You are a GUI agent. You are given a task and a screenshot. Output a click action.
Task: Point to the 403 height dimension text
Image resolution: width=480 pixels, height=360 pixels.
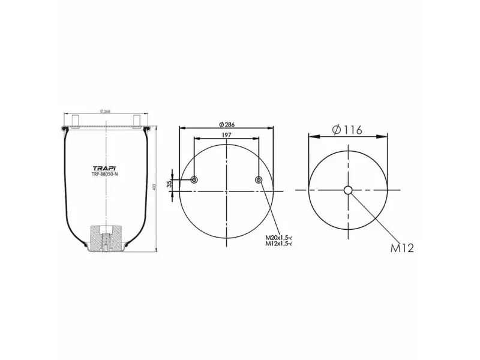pyautogui.click(x=154, y=188)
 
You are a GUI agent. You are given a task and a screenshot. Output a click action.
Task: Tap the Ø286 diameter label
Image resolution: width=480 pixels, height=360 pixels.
pyautogui.click(x=227, y=124)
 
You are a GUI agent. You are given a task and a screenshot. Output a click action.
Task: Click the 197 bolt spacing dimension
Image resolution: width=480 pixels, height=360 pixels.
pyautogui.click(x=227, y=135)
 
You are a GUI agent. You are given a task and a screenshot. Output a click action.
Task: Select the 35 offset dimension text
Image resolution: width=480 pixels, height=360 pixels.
pyautogui.click(x=170, y=184)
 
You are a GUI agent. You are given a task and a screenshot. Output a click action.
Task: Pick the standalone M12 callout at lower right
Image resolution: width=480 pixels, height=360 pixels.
pyautogui.click(x=403, y=248)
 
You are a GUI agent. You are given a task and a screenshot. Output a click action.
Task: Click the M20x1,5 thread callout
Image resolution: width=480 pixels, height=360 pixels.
pyautogui.click(x=279, y=238)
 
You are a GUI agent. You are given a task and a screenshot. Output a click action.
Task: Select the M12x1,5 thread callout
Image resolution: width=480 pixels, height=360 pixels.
pyautogui.click(x=279, y=244)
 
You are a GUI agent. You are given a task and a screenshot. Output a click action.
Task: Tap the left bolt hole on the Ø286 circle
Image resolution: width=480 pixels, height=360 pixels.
pyautogui.click(x=194, y=180)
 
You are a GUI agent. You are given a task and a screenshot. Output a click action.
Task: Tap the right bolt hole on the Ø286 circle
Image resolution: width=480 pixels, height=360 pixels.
pyautogui.click(x=259, y=180)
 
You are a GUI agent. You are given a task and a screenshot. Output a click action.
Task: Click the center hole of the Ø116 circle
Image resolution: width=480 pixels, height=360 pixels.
pyautogui.click(x=348, y=190)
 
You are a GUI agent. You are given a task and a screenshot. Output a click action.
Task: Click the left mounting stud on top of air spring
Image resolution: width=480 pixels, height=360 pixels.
pyautogui.click(x=76, y=120)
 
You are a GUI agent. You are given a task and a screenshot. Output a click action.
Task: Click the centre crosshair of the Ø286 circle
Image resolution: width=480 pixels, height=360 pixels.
pyautogui.click(x=227, y=191)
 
